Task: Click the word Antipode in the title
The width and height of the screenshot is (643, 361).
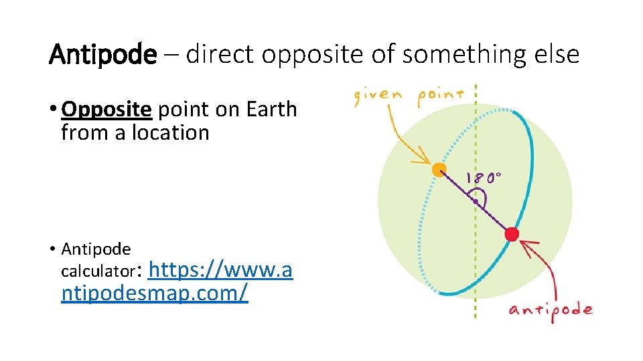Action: pos(102,54)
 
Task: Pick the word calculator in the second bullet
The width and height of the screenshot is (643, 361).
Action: pos(98,272)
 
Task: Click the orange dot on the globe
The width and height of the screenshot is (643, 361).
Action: pos(439,170)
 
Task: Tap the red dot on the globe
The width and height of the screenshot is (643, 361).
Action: pos(512,234)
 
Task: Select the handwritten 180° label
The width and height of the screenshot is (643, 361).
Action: pos(484,178)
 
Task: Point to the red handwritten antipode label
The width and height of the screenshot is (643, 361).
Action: pos(551,310)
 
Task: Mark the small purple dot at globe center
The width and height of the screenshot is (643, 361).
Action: pos(475,201)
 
